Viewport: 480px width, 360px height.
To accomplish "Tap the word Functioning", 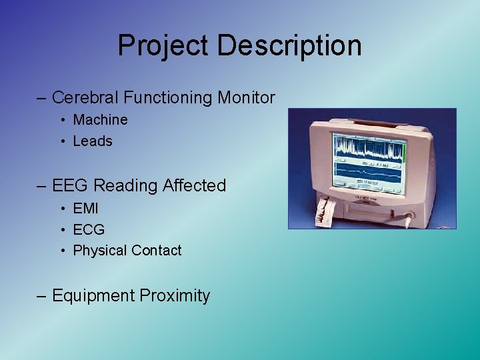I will (168, 97).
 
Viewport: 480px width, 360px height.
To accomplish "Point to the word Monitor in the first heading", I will (246, 97).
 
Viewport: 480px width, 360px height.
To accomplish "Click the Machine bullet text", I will (100, 120).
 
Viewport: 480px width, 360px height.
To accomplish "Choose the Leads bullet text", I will (93, 141).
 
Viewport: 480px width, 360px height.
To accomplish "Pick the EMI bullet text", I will (86, 208).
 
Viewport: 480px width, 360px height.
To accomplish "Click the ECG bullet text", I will (89, 229).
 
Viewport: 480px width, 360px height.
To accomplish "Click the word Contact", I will (157, 251).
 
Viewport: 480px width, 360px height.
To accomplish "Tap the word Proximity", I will (174, 295).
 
